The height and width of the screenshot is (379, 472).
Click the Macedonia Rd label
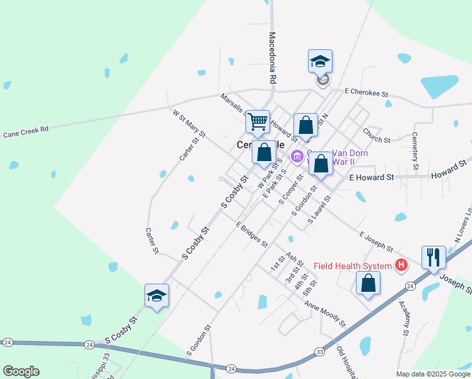point(273,58)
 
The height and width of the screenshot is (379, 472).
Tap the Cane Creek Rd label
point(26,133)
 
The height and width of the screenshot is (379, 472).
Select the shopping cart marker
point(257,121)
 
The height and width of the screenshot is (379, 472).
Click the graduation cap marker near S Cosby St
point(156,295)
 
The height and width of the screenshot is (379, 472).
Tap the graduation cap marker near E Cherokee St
point(320,62)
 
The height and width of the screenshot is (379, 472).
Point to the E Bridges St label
point(252,234)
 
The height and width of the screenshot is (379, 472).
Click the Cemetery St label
point(415,151)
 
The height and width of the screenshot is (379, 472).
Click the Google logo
point(21,371)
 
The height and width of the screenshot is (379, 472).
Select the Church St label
point(377,135)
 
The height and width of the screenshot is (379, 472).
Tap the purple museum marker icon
point(296,156)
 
